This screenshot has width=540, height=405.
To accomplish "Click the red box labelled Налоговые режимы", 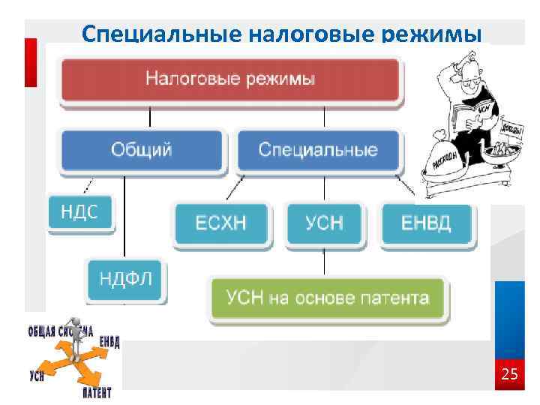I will pos(230,79).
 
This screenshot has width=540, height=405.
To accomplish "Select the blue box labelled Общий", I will pos(142,149).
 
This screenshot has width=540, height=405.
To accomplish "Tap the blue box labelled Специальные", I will pos(318,149).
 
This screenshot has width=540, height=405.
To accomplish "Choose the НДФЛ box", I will pos(126,279).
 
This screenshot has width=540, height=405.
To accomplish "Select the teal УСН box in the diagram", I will pos(324,223).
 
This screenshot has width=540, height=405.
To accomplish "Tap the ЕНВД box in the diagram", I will pos(427,223).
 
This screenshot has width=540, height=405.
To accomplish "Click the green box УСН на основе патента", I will pos(328,298).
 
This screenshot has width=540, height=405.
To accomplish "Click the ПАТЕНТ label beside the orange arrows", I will pos(97,392).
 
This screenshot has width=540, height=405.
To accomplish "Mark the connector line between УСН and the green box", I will pos(324,260).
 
